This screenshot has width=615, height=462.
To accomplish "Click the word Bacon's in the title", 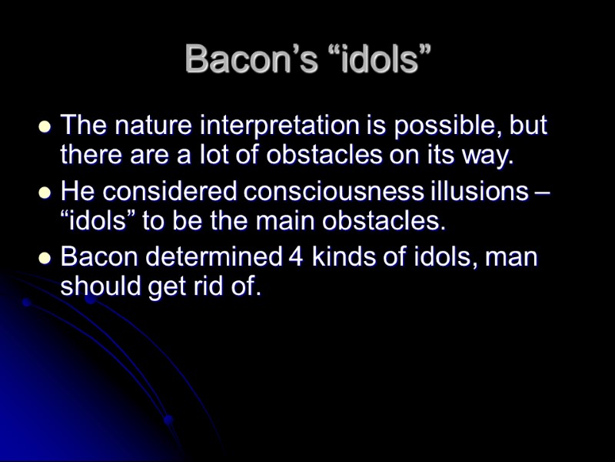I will click(249, 60).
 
